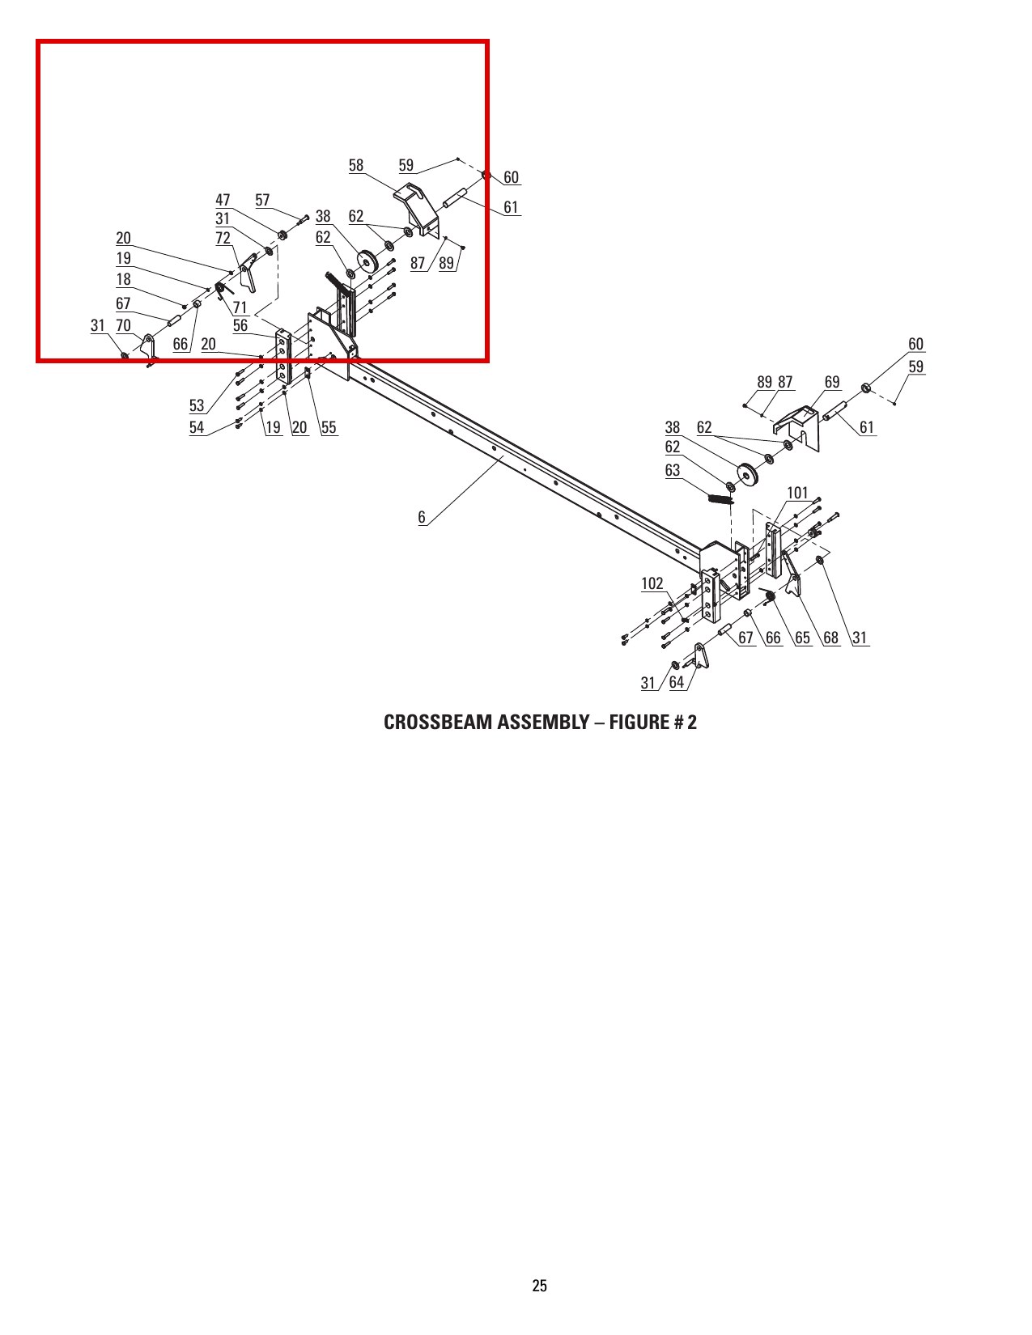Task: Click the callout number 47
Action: click(x=223, y=201)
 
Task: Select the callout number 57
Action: click(x=262, y=201)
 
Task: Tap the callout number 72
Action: click(x=223, y=239)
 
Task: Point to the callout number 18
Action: click(x=124, y=279)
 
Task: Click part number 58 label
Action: click(x=356, y=165)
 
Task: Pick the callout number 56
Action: click(x=240, y=325)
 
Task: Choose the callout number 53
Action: click(x=197, y=405)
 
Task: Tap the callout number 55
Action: click(x=329, y=427)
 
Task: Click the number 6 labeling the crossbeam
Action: click(x=422, y=517)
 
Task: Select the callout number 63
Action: click(x=673, y=471)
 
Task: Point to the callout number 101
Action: click(x=797, y=494)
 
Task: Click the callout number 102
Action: click(x=652, y=583)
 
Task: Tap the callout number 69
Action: click(x=832, y=382)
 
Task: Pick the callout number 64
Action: click(x=677, y=683)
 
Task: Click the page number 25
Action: click(x=540, y=1286)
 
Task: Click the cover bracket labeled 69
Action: click(x=798, y=427)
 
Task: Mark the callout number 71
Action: click(x=240, y=307)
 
